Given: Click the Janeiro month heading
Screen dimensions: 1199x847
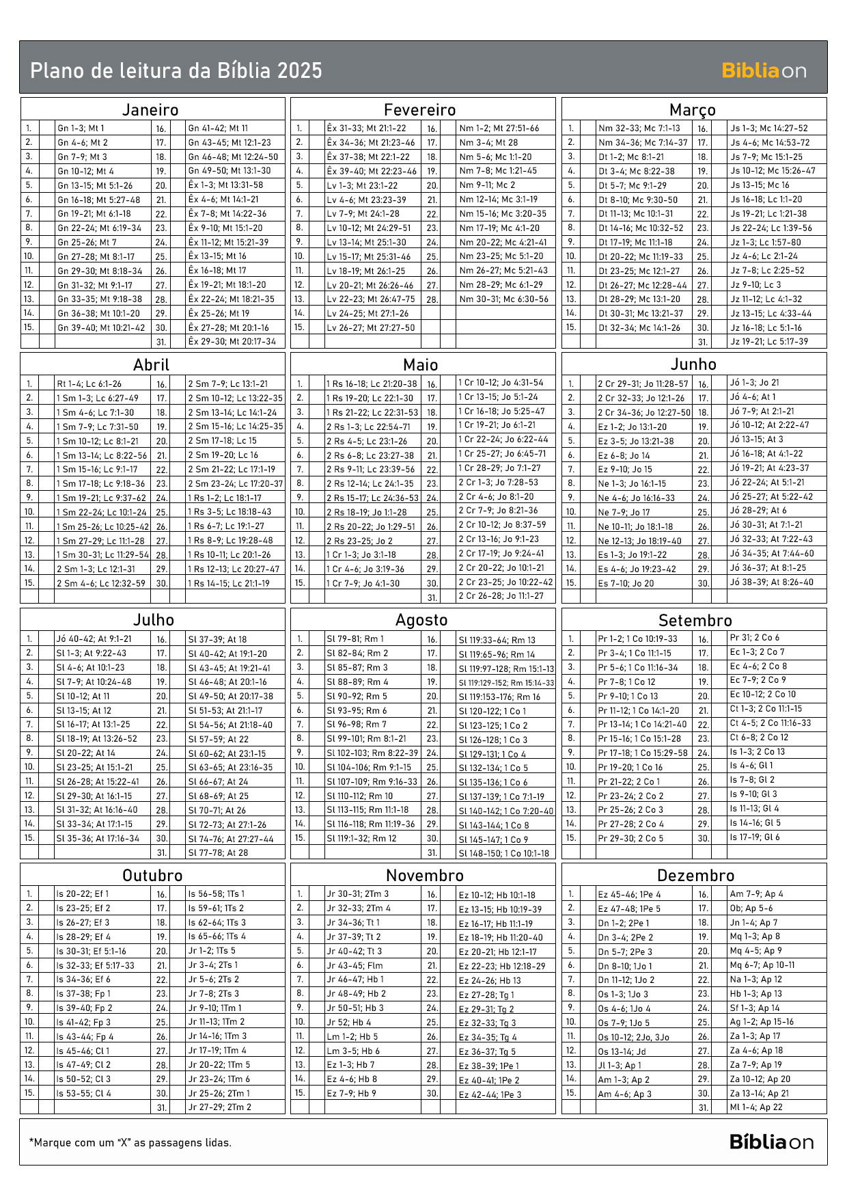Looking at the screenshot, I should point(150,109).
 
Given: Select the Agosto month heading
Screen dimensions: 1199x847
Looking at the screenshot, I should point(421,620).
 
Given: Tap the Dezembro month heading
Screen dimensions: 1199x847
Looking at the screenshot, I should point(695,876).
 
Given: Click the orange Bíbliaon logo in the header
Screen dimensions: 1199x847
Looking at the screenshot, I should point(764,70).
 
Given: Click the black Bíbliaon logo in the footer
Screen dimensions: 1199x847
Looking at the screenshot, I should point(771,1142).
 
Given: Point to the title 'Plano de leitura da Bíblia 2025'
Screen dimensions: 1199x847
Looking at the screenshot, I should point(176,70).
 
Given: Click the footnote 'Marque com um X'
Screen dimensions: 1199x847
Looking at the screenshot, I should point(130,1142).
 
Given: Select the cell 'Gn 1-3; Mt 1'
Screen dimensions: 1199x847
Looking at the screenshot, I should point(81,128).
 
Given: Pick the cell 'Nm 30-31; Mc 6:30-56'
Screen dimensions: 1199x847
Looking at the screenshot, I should point(503,299).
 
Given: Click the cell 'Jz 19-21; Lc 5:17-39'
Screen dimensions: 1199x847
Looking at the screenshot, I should point(768,341).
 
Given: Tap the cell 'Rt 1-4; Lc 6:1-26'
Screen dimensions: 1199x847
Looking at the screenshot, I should point(89,383).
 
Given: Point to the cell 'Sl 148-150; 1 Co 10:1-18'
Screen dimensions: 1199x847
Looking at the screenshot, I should point(503,852).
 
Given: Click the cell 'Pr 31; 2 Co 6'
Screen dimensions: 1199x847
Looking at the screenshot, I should point(754,638).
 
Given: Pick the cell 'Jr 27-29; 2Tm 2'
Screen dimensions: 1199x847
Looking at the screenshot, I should point(219,1107).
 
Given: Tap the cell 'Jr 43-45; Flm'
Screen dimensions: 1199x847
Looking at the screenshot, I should point(355,965).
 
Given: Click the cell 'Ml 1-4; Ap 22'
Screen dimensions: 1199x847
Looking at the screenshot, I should point(756,1107).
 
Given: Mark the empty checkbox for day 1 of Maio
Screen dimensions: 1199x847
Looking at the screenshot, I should point(317,383).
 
